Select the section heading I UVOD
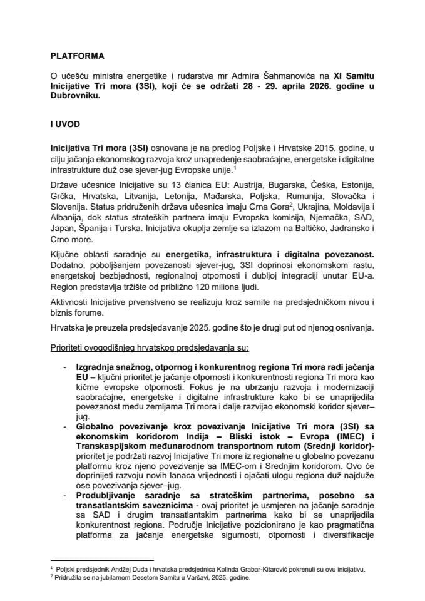[x=64, y=125]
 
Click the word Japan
[x=63, y=227]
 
